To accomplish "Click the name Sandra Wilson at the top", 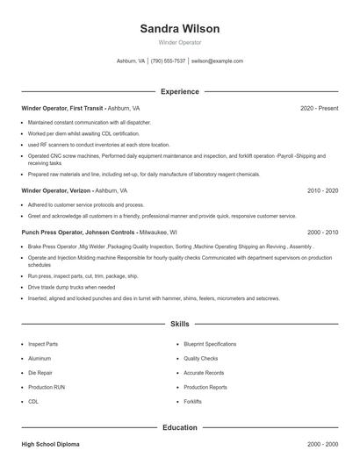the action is [x=179, y=28].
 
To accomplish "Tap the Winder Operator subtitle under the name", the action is [x=179, y=42].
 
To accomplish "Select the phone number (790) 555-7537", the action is [x=168, y=61].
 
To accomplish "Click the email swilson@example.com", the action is [x=217, y=61].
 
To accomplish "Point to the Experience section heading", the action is [x=179, y=91].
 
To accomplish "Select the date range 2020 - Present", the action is [x=319, y=108].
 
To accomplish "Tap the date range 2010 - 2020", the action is [x=322, y=190].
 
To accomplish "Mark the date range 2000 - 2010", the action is [x=322, y=232].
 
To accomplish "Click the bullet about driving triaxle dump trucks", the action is [x=71, y=287].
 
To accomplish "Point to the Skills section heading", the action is [x=179, y=324].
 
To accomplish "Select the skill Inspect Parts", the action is [x=43, y=344].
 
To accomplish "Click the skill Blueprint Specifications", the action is [x=210, y=344].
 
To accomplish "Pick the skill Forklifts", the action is [x=193, y=401].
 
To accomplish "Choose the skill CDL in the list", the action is [x=33, y=401].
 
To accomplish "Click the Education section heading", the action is [x=179, y=427].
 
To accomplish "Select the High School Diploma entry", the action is [x=51, y=447].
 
